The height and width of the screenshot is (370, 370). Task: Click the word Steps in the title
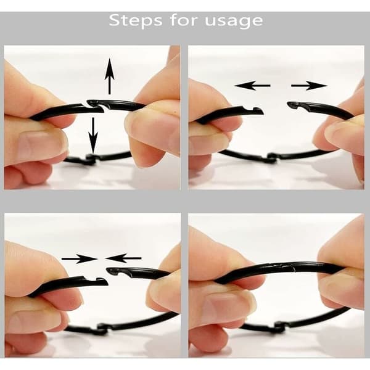point(136,20)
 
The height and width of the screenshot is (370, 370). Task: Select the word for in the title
point(184,20)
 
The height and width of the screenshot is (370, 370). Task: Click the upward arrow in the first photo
point(110,76)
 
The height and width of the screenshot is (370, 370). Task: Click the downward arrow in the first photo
point(93,135)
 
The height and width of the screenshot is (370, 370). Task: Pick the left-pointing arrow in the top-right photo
point(252,86)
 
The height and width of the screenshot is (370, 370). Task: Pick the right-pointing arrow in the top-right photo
point(310,86)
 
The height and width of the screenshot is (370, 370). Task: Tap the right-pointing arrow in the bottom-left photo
point(80,258)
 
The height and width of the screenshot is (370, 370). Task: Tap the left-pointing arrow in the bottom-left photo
point(123,258)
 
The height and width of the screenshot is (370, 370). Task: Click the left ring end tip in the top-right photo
point(263,112)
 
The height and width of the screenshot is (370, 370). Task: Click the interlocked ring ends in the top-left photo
point(96,105)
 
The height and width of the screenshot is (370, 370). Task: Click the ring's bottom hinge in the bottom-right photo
point(279,327)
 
